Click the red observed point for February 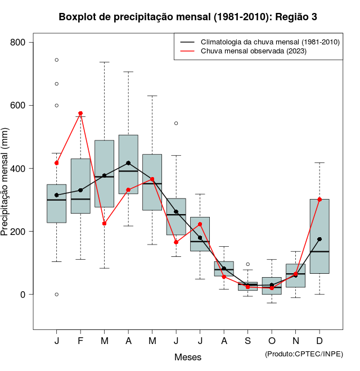pyautogui.click(x=80, y=114)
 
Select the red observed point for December pyautogui.click(x=319, y=200)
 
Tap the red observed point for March pyautogui.click(x=105, y=223)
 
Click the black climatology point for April pyautogui.click(x=128, y=163)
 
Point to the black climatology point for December pyautogui.click(x=319, y=239)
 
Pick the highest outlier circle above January pyautogui.click(x=57, y=60)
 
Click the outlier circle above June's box pyautogui.click(x=176, y=123)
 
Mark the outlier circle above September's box pyautogui.click(x=248, y=264)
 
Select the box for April pyautogui.click(x=128, y=164)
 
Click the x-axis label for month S pyautogui.click(x=248, y=341)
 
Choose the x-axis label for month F pyautogui.click(x=80, y=341)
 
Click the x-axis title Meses pyautogui.click(x=188, y=357)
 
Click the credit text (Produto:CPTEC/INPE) pyautogui.click(x=304, y=354)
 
